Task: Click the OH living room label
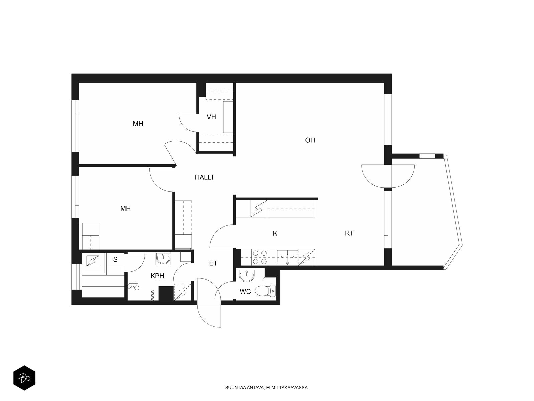[310, 140]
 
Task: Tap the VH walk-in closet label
[211, 117]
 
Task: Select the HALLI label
[204, 177]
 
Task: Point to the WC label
[245, 292]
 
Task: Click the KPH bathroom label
[157, 276]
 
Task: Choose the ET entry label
[213, 263]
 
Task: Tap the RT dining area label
[349, 233]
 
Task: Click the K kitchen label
[275, 233]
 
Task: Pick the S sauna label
[115, 260]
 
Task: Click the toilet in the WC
[265, 291]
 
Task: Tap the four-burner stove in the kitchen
[259, 257]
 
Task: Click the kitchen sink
[287, 257]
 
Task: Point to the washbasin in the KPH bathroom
[163, 259]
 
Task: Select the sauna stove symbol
[93, 261]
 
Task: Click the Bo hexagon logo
[24, 378]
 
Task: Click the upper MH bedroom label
[138, 124]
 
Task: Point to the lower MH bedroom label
[125, 209]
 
